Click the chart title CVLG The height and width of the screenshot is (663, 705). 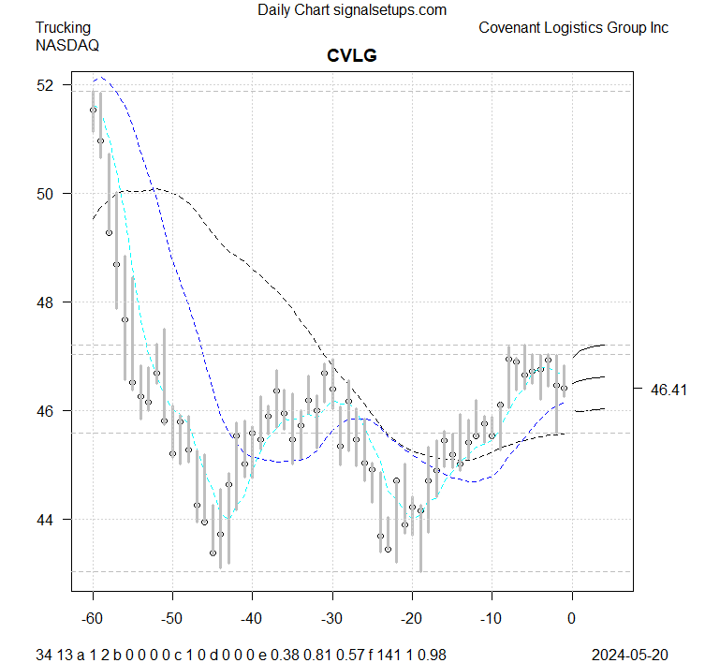coord(351,56)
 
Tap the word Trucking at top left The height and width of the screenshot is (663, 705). coord(64,27)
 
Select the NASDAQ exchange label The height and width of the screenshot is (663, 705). coord(67,44)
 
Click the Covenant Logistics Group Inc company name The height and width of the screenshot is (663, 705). coord(573,27)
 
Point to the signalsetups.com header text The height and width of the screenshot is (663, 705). coord(352,9)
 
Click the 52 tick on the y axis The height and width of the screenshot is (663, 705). coord(47,85)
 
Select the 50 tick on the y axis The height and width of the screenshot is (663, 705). coord(47,194)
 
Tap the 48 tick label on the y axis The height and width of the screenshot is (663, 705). coord(47,302)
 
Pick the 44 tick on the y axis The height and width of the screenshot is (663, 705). coord(47,520)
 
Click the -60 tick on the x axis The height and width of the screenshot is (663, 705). coord(93,620)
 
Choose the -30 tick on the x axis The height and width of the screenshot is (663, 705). coord(332,620)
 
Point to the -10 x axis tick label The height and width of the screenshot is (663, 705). coord(492,620)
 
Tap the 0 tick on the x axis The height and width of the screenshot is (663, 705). coord(572,620)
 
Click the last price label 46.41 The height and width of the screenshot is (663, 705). coord(668,390)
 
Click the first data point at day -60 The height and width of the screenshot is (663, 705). coord(93,110)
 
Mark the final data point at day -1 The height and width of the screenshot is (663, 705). coord(565,388)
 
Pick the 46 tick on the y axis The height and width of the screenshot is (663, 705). coord(47,411)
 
